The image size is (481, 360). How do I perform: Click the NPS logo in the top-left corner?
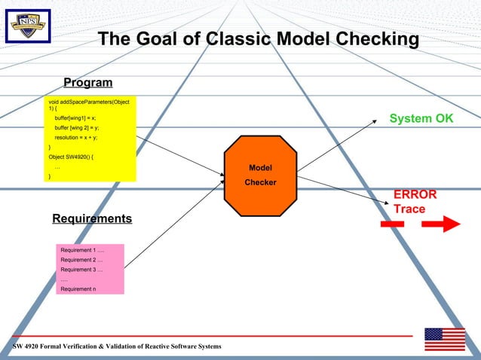(28, 27)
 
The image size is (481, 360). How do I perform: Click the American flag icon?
(444, 339)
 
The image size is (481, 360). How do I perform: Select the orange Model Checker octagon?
(260, 175)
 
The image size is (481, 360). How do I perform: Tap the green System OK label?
(421, 119)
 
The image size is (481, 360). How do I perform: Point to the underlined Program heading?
(87, 83)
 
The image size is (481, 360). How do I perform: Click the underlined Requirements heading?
(92, 219)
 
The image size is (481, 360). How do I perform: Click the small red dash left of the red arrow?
(393, 224)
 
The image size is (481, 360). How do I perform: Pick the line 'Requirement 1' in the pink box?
(82, 250)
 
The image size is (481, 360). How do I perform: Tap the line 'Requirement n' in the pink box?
(78, 288)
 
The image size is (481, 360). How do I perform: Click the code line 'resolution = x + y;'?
(76, 138)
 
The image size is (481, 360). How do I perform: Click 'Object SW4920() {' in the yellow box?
(76, 157)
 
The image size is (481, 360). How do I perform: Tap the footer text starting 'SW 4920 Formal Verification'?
(117, 346)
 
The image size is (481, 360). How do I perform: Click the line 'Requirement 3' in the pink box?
(81, 269)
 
